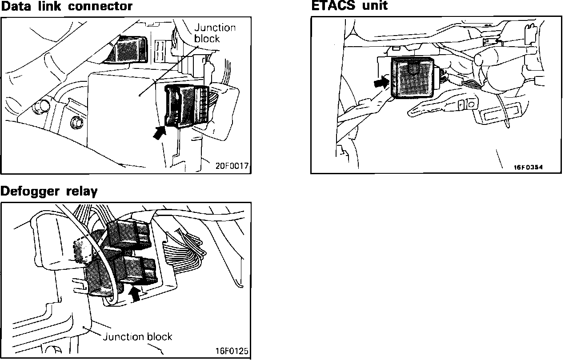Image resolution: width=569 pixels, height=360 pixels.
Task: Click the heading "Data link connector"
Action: click(66, 6)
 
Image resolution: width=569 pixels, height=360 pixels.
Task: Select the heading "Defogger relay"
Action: click(49, 192)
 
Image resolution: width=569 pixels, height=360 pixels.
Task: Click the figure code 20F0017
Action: click(232, 167)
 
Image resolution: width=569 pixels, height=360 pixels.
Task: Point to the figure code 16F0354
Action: click(529, 168)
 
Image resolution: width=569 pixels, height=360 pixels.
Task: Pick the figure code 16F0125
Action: click(232, 351)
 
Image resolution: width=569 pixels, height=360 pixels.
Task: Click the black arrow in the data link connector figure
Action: click(160, 133)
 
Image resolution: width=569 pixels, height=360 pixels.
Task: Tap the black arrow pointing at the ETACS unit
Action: click(381, 82)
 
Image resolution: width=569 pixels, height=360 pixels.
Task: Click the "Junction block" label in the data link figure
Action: click(215, 33)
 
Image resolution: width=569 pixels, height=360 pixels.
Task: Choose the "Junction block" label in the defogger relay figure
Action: click(137, 336)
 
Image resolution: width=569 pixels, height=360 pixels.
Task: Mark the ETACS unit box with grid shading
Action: click(413, 78)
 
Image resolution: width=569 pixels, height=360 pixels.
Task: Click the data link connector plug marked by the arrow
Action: click(187, 106)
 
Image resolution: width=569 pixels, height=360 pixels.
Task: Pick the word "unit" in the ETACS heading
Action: click(376, 6)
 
